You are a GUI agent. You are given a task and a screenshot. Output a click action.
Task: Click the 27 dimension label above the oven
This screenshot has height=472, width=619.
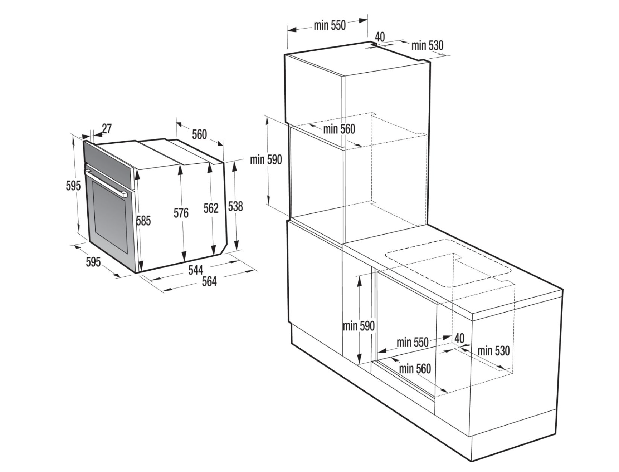(107, 128)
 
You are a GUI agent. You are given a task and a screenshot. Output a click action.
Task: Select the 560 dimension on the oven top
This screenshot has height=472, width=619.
(199, 134)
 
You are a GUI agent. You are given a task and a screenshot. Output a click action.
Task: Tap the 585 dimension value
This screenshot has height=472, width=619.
(143, 221)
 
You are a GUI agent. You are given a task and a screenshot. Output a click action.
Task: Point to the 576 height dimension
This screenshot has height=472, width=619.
(181, 213)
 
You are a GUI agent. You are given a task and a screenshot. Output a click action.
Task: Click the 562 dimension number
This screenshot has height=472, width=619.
(211, 208)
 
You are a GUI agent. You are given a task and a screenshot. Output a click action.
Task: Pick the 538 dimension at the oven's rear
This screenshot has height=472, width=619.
(235, 206)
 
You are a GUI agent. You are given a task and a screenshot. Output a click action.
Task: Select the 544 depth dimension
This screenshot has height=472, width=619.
(196, 270)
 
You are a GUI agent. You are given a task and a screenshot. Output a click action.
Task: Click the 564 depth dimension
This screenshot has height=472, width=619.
(209, 281)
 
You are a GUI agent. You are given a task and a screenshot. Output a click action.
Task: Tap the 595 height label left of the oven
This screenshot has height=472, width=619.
(73, 185)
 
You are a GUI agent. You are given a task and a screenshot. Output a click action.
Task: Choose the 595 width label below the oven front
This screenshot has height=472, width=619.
(93, 262)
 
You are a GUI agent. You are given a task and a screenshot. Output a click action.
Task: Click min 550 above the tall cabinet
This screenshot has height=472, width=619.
(330, 25)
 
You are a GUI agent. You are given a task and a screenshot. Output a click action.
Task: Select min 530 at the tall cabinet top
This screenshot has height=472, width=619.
(427, 45)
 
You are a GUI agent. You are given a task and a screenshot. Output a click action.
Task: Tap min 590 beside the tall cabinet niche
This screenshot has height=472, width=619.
(266, 159)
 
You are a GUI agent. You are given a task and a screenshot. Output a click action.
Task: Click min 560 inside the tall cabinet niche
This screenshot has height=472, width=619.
(339, 129)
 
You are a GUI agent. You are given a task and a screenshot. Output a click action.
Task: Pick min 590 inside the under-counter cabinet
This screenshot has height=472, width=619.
(359, 326)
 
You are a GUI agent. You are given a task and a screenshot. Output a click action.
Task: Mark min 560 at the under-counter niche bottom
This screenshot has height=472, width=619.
(415, 368)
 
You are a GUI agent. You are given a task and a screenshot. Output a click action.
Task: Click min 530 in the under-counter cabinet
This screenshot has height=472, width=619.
(493, 351)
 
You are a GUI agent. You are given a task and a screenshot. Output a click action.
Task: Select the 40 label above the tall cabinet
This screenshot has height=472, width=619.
(380, 36)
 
